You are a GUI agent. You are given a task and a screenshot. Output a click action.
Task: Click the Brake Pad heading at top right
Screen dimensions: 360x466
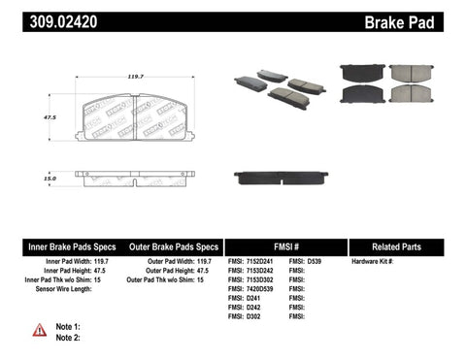pos(423,20)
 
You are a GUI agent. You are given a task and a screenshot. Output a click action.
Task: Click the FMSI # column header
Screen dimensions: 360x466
pos(285,246)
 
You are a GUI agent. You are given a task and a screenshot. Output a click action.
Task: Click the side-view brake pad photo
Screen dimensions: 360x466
pos(281,179)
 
